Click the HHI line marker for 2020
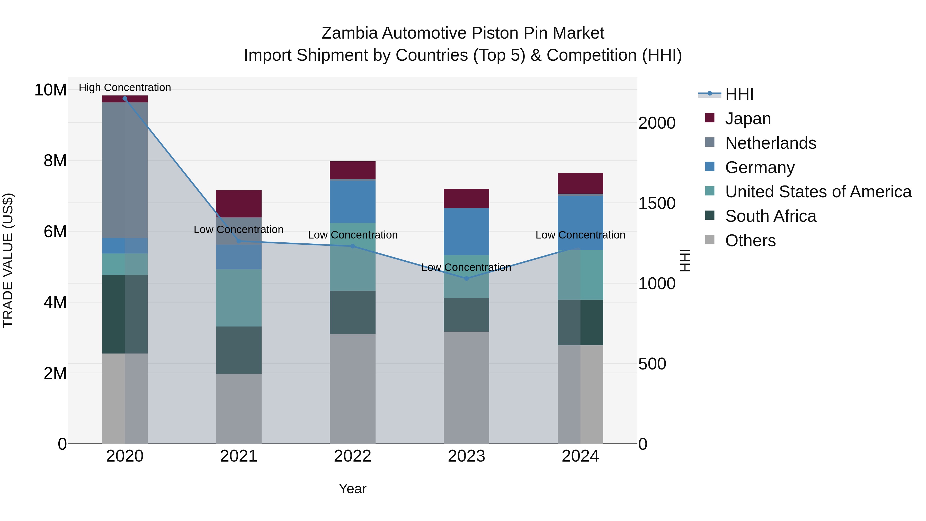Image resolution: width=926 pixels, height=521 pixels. point(125,99)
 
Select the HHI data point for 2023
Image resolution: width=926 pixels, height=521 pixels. point(466,278)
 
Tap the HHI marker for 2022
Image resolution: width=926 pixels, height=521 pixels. point(352,246)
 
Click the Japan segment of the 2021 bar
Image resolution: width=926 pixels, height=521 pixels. point(239,204)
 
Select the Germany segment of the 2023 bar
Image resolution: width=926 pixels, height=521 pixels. point(466,232)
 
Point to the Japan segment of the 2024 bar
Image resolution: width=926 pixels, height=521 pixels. point(580,183)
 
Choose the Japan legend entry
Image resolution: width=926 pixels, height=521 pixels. point(748,119)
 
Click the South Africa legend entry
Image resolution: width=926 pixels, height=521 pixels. point(770,216)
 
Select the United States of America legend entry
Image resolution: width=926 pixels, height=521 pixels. point(818,192)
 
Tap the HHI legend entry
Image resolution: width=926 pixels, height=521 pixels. point(739,94)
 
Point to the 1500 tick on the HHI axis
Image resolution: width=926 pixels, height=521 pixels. point(656,204)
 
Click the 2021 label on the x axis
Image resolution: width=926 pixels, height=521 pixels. point(239,456)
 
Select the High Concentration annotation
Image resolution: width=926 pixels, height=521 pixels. point(125,87)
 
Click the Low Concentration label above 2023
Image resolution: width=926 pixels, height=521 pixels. point(466,267)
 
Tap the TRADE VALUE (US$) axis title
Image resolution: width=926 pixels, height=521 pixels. point(8,260)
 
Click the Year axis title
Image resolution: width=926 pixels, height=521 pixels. point(352,489)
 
